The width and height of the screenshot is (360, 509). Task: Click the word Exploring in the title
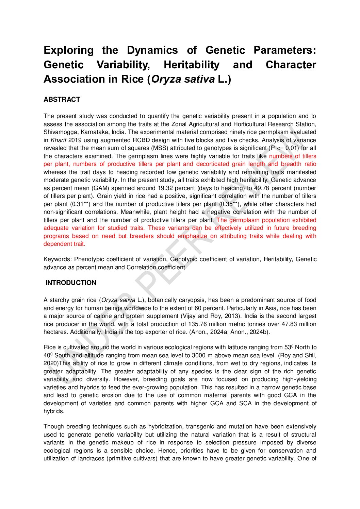[x=68, y=50]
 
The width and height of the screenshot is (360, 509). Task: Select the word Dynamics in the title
[x=152, y=50]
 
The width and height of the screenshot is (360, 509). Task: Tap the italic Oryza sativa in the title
[x=183, y=79]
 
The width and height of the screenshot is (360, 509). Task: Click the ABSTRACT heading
[x=62, y=100]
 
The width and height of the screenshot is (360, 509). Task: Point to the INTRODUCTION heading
[x=71, y=283]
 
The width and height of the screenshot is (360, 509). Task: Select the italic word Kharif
[x=59, y=140]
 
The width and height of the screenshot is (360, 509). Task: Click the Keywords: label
[x=58, y=259]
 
